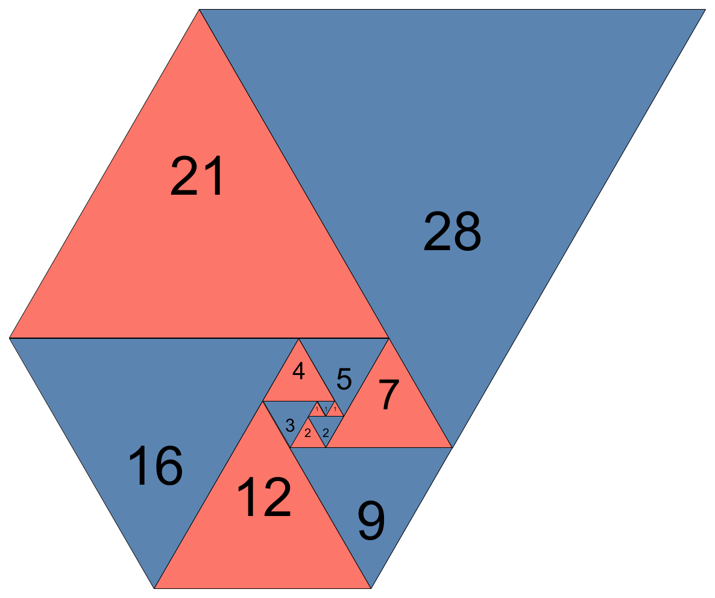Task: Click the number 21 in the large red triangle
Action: tap(197, 176)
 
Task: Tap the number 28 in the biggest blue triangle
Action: tap(452, 231)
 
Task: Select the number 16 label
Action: tap(155, 465)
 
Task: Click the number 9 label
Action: tap(371, 521)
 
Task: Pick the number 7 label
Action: tap(389, 395)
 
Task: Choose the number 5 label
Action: tap(344, 379)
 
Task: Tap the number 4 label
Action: tap(298, 371)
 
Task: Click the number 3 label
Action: tap(290, 426)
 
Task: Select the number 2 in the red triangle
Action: tap(307, 433)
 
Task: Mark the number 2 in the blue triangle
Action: tap(326, 433)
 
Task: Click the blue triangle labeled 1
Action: tap(326, 408)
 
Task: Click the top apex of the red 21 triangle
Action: tap(199, 10)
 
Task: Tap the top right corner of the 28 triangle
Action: tap(705, 10)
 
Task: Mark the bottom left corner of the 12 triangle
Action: tap(155, 588)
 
